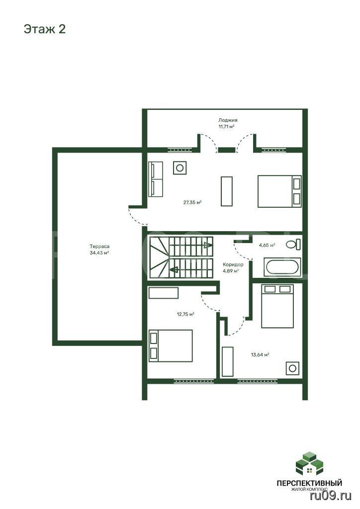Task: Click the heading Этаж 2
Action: click(45, 29)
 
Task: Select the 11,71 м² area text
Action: click(227, 127)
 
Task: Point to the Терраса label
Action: click(99, 247)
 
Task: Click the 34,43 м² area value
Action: click(99, 253)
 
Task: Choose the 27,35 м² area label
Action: click(192, 202)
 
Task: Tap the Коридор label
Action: click(233, 264)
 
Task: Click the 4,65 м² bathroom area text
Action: click(267, 245)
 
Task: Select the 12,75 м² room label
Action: click(185, 314)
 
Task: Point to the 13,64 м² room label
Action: click(260, 354)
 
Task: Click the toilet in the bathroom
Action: click(293, 244)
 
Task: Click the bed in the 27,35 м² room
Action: click(279, 191)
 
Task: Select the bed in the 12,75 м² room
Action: click(171, 346)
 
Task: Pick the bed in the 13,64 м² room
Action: click(277, 306)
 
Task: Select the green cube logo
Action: click(309, 463)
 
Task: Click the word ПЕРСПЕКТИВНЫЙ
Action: click(309, 483)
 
